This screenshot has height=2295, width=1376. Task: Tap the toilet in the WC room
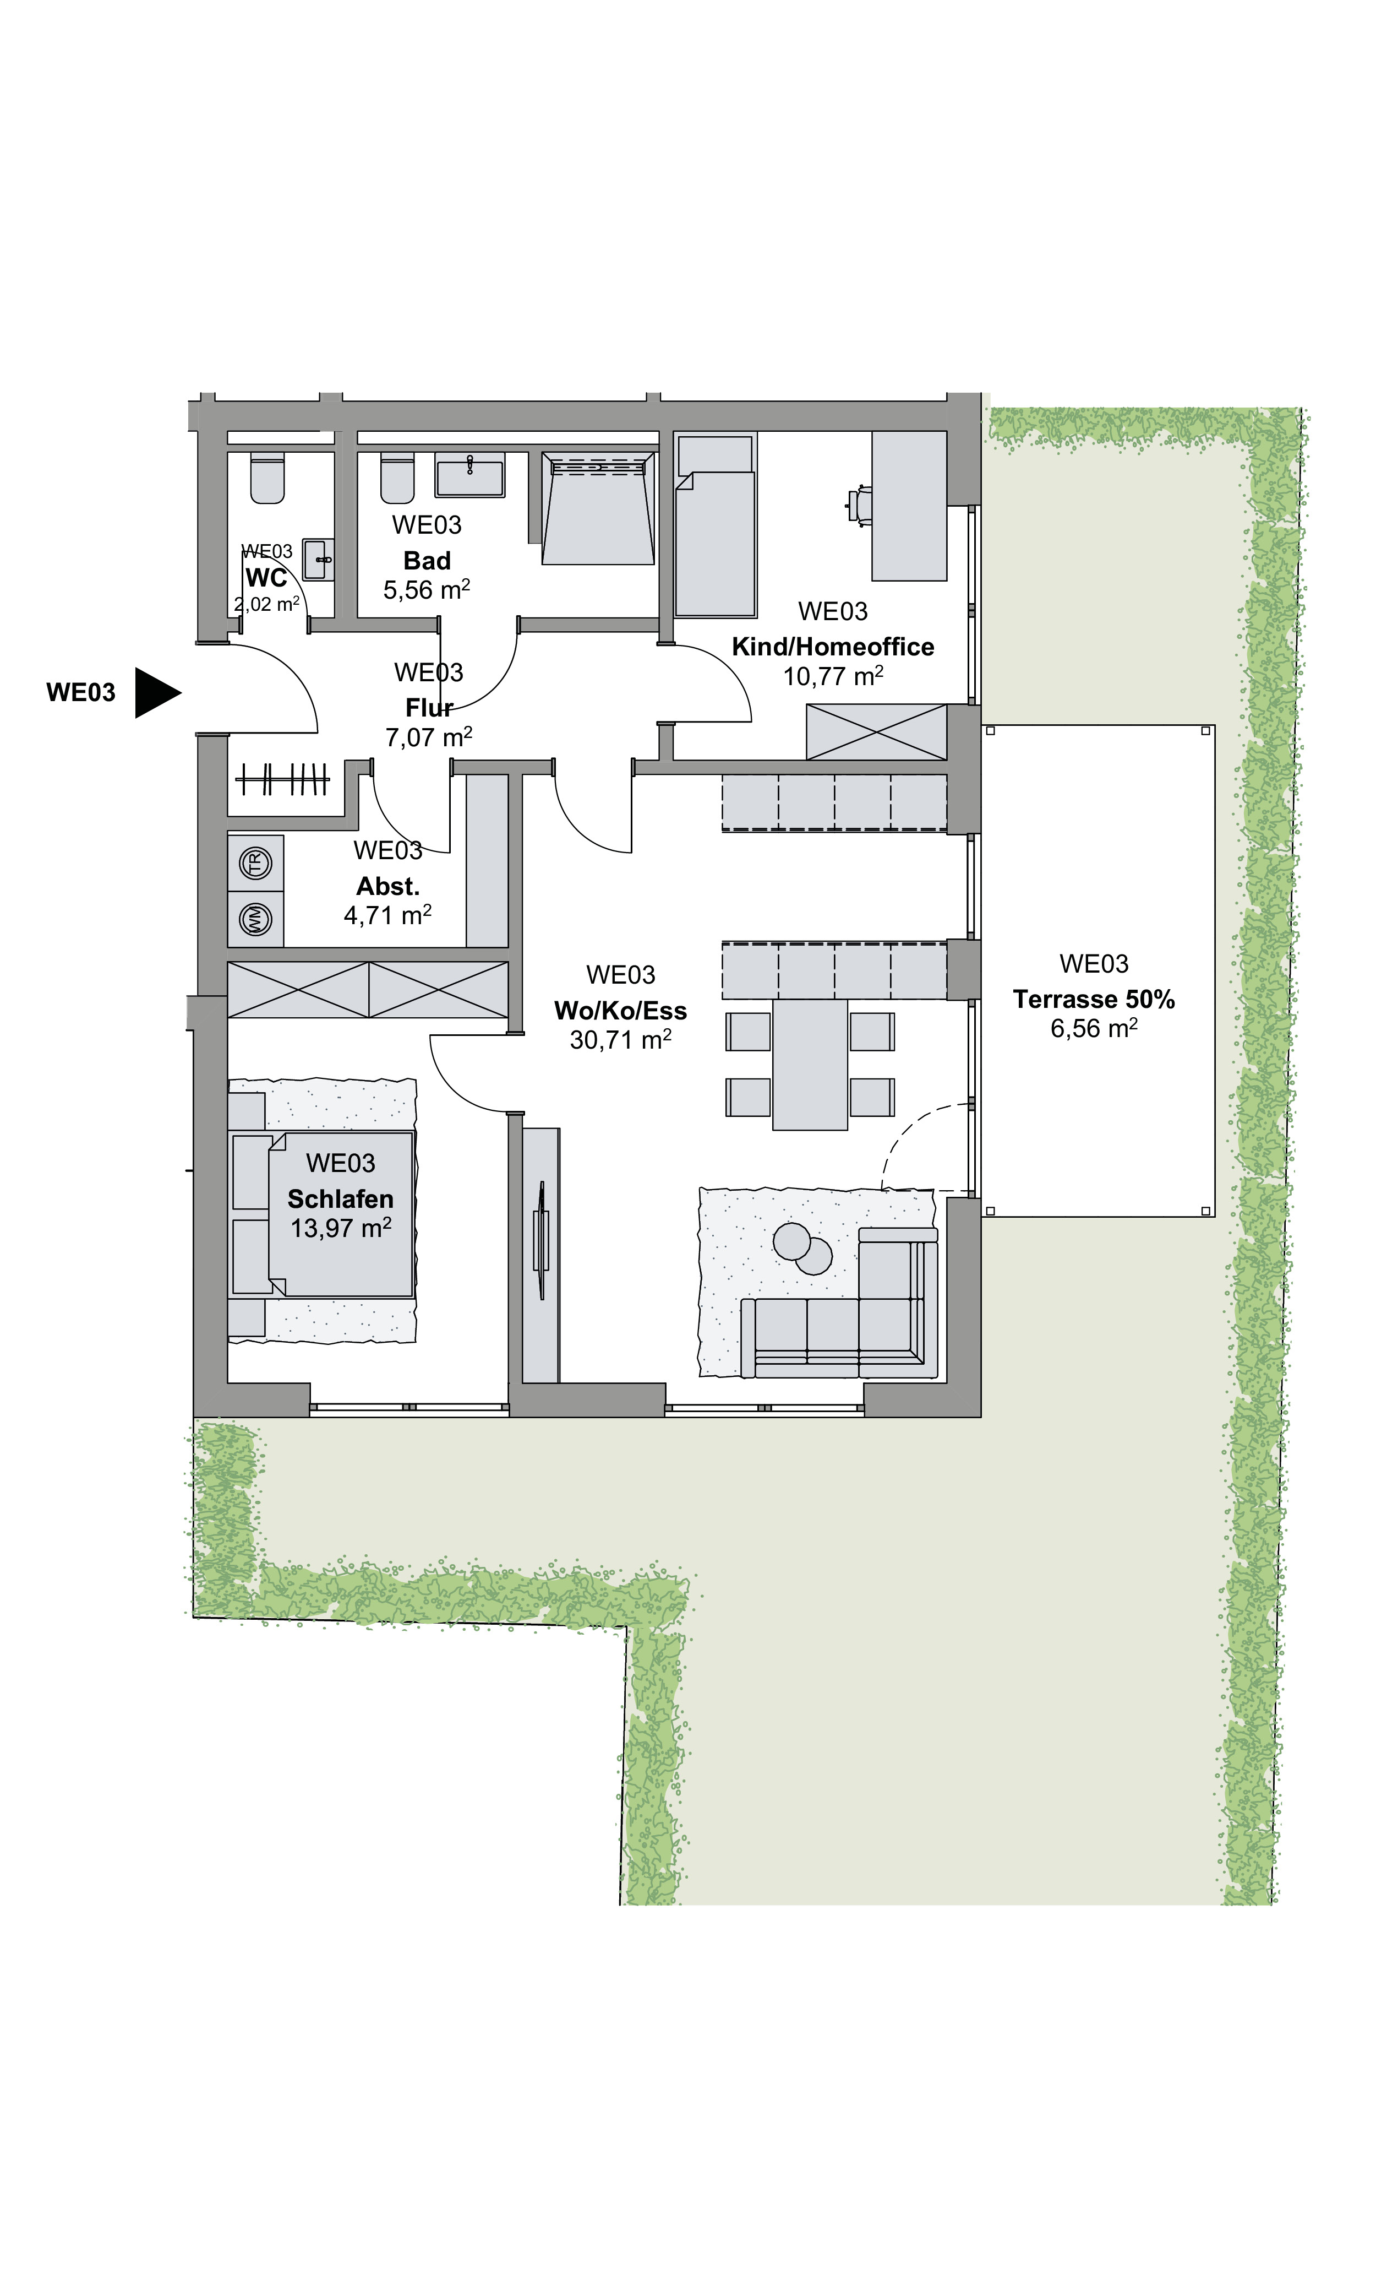coord(267,479)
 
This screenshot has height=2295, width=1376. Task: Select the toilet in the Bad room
coord(398,479)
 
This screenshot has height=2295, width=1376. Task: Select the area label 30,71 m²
coord(620,1040)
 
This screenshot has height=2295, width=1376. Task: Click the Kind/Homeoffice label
coord(833,647)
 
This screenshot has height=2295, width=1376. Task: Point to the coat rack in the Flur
coord(283,779)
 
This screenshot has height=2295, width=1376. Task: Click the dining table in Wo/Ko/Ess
coord(810,1064)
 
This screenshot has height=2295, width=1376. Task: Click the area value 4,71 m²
coord(387,915)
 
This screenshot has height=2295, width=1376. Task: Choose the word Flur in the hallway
coord(429,708)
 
